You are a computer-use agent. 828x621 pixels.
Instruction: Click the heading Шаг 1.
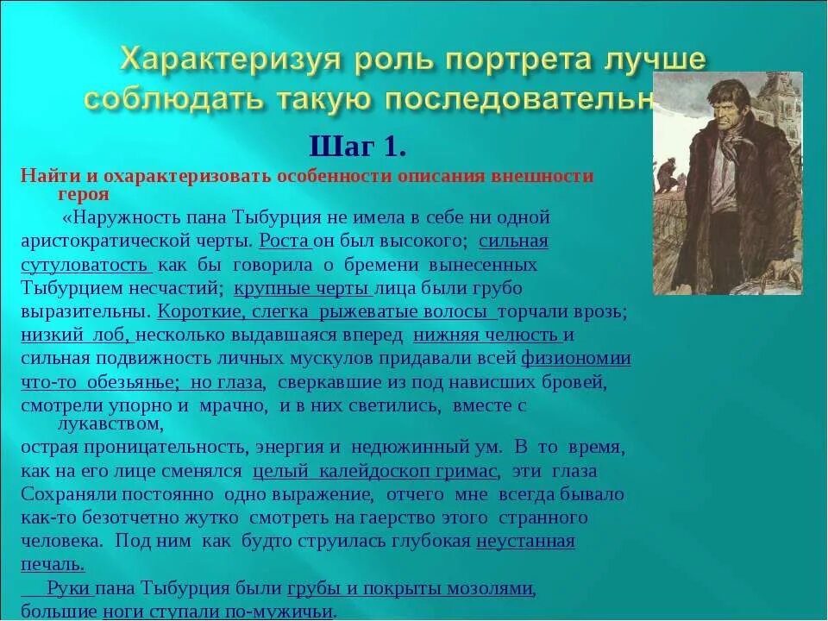[357, 147]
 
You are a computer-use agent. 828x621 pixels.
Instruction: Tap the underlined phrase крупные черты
[301, 288]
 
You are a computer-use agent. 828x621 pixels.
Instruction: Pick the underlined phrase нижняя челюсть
[487, 335]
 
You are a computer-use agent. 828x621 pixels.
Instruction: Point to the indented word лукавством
[108, 423]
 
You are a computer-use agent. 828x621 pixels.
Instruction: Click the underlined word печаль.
[52, 565]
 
